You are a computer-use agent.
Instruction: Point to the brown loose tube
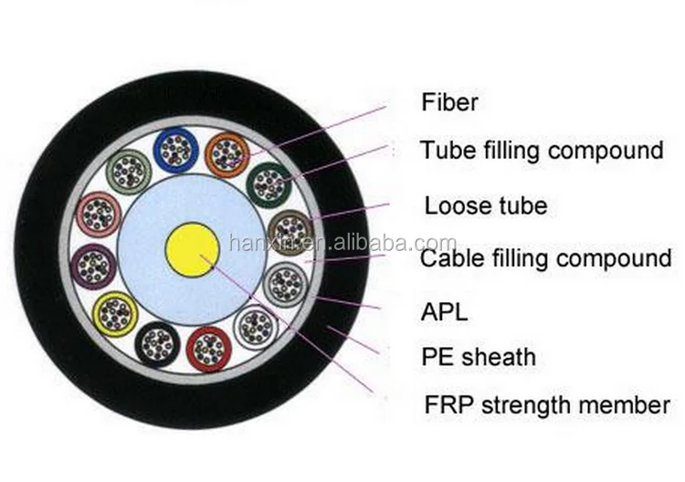coord(290,229)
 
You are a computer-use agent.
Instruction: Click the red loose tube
coord(206,347)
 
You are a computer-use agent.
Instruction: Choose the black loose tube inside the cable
coord(156,344)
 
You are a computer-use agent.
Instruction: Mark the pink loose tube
coord(98,214)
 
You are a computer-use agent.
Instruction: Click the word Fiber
coord(449,101)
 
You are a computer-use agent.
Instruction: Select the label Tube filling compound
coord(541,150)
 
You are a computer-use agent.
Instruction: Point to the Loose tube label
coord(485,204)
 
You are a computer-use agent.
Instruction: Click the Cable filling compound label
coord(545,258)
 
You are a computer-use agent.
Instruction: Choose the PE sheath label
coord(478,357)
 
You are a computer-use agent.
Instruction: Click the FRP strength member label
coord(544,404)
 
